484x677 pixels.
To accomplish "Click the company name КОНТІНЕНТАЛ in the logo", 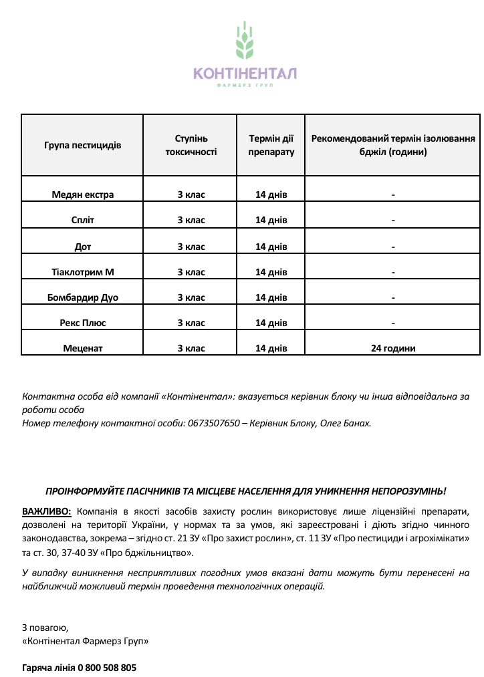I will coord(245,74).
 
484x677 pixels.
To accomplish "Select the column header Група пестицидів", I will coord(83,145).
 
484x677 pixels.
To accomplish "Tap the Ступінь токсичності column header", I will coord(191,145).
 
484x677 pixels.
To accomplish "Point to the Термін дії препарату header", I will coord(271,145).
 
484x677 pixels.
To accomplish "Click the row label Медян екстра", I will coord(83,194).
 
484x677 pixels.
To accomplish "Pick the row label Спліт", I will coord(83,220).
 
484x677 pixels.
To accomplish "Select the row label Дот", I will coord(83,246).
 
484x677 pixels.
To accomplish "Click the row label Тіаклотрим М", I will coord(83,271).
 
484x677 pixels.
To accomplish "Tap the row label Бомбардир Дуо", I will coord(83,297).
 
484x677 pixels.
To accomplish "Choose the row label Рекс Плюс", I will coord(83,323).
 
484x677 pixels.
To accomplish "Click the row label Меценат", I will coord(83,348).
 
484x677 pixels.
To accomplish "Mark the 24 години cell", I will coord(393,348).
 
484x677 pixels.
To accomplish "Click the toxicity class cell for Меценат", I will coord(191,348).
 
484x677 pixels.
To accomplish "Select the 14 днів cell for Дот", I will coord(271,246).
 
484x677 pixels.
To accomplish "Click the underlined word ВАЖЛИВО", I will coord(46,511).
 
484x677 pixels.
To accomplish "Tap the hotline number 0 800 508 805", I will coord(107,667).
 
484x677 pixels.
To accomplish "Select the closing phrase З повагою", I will coord(45,628).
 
